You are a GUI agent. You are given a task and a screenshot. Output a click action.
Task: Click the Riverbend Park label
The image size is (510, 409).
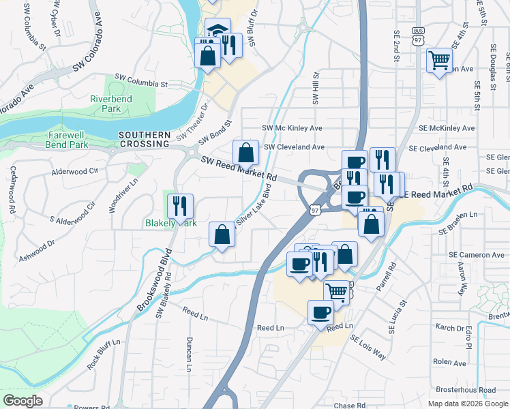(x=110, y=104)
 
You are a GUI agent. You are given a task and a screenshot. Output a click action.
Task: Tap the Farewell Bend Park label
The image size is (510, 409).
(x=67, y=140)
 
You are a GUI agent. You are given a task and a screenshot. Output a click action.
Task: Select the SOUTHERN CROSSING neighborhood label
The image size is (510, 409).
(x=143, y=139)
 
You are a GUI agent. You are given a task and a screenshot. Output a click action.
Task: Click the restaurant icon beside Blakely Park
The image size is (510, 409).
(x=180, y=205)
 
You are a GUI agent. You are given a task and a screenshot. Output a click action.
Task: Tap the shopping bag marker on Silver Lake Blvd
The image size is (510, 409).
(x=222, y=234)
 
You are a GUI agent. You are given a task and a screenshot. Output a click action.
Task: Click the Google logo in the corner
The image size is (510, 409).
(x=22, y=400)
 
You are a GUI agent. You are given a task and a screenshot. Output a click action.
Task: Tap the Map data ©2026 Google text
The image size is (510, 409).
(x=468, y=404)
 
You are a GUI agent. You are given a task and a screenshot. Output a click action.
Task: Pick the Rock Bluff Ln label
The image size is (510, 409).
(x=104, y=354)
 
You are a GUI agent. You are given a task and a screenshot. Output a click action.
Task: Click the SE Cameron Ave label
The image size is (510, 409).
(x=477, y=254)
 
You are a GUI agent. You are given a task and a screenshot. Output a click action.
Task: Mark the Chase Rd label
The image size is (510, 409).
(x=350, y=406)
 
